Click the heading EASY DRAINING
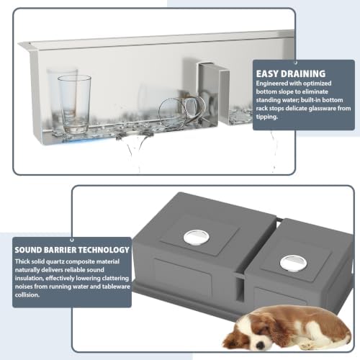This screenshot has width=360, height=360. (291, 73)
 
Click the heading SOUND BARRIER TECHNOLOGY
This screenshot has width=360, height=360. (72, 250)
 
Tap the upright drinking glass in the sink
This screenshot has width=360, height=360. (74, 104)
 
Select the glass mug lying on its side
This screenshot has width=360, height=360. (181, 112)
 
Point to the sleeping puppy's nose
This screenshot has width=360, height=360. (260, 346)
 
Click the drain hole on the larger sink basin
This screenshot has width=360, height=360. (197, 238)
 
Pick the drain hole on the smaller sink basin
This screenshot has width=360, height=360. (293, 264)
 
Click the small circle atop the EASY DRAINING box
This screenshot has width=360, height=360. (296, 63)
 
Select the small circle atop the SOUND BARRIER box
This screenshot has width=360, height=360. (71, 240)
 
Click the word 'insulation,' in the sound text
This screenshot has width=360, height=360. (30, 278)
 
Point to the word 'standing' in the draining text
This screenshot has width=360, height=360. (267, 100)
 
